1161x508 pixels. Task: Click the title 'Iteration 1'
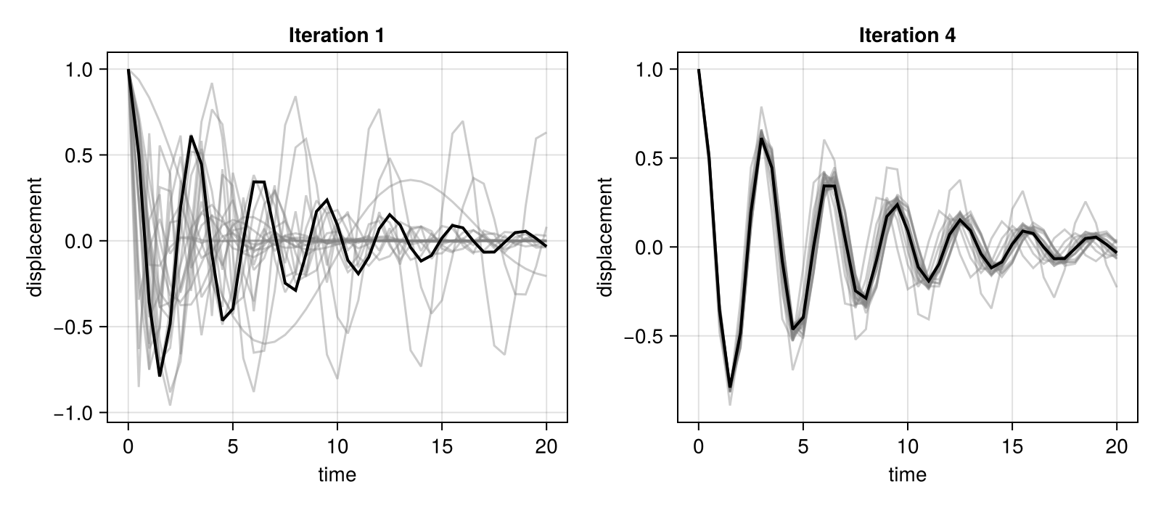[x=337, y=36]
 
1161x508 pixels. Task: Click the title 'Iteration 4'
[x=907, y=36]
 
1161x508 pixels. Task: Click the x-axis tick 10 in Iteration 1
[x=337, y=446]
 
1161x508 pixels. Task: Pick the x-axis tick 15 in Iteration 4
[x=1012, y=446]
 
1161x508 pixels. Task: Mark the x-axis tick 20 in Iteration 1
[x=546, y=446]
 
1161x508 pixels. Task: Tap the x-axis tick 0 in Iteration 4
[x=698, y=446]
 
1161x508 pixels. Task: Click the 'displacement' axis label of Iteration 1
[x=36, y=237]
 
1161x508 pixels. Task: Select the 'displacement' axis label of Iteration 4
[x=605, y=237]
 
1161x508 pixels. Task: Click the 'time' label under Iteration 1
[x=337, y=475]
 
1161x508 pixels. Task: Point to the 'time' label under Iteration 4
[x=907, y=475]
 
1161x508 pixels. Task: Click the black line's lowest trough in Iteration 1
[x=160, y=375]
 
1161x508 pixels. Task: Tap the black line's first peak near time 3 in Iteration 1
[x=191, y=136]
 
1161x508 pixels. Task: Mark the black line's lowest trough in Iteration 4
[x=730, y=387]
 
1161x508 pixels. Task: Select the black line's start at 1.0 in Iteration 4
[x=698, y=70]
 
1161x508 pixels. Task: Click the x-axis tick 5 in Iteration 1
[x=233, y=446]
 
